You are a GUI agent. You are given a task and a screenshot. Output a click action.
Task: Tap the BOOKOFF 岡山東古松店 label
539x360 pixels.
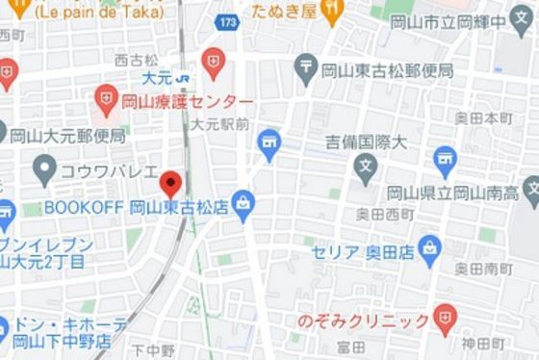coord(137,206)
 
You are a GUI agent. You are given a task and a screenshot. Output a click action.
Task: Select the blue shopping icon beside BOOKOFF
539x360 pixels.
coord(243,205)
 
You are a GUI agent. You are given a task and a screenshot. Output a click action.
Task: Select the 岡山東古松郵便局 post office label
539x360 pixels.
coord(386,69)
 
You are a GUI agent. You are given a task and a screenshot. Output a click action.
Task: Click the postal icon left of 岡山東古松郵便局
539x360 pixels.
coord(307,67)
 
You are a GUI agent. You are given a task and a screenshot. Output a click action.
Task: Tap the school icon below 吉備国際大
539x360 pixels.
coord(365,171)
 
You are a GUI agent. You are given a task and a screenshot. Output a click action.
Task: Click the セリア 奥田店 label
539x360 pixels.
coord(361,252)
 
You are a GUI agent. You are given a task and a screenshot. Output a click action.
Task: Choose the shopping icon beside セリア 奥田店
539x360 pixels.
coord(429,249)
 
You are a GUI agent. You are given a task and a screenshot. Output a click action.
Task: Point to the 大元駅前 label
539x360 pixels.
coord(219,124)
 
